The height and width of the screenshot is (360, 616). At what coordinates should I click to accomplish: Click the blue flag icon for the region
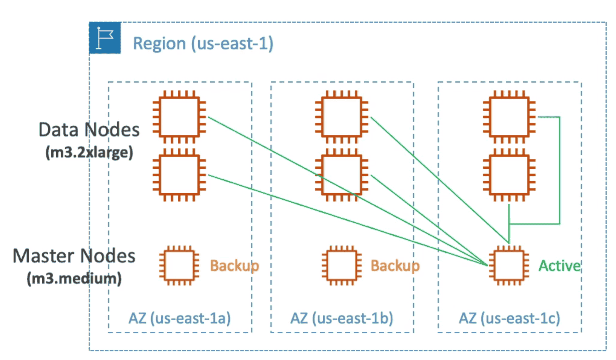coord(105,38)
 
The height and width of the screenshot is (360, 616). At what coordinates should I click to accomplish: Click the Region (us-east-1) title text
coord(203,43)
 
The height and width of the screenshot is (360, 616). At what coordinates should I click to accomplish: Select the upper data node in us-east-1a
coord(179,117)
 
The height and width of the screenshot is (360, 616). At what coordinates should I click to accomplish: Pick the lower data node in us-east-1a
coord(179,175)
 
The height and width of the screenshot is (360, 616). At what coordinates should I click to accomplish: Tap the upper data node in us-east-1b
coord(342,117)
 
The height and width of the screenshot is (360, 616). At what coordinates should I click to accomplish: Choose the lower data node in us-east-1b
coord(342,175)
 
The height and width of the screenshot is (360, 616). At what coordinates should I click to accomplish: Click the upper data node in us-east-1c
coord(509,117)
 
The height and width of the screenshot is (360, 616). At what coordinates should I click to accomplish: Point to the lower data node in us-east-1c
coord(509,175)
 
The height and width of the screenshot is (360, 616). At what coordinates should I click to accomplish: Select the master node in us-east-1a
coord(179,266)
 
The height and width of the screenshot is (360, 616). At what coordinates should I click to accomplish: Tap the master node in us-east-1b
coord(342,266)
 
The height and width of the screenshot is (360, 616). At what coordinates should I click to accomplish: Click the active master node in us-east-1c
coord(509,266)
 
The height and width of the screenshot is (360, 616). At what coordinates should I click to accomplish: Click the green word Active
coord(559,266)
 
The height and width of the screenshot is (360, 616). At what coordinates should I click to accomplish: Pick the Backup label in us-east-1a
coord(234,266)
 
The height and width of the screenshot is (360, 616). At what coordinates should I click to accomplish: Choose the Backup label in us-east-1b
coord(395,266)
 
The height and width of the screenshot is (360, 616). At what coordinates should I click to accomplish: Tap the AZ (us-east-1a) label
coord(180,318)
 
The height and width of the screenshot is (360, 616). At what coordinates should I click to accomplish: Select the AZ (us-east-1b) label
coord(342,318)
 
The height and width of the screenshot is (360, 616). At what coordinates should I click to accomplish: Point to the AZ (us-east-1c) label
coord(509,318)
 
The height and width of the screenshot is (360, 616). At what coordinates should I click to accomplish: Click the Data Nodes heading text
coord(89,130)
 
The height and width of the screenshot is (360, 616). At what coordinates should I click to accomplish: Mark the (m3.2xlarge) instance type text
coord(89,152)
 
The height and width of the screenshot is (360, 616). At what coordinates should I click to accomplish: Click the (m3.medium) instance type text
coord(74,278)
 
